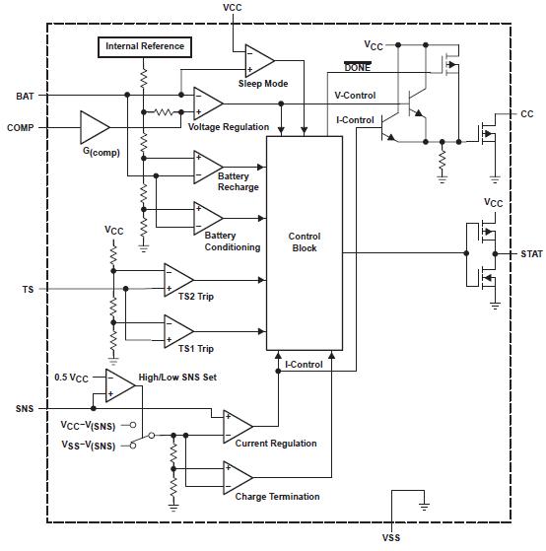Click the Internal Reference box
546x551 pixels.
click(x=145, y=46)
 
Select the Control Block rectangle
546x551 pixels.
click(x=305, y=242)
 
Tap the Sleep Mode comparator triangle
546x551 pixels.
click(x=258, y=60)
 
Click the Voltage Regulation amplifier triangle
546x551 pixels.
click(x=207, y=103)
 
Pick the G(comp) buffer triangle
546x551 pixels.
click(x=96, y=127)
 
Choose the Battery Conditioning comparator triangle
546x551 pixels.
click(x=207, y=216)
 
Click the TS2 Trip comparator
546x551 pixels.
click(x=177, y=279)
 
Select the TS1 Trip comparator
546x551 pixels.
click(x=177, y=329)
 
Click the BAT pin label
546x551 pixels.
click(x=25, y=96)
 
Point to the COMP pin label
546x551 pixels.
click(x=21, y=128)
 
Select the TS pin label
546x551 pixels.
click(x=27, y=289)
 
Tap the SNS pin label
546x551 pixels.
click(x=25, y=406)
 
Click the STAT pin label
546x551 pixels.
click(x=531, y=253)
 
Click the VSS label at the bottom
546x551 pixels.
click(x=391, y=538)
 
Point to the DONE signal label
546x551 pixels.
click(x=358, y=67)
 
